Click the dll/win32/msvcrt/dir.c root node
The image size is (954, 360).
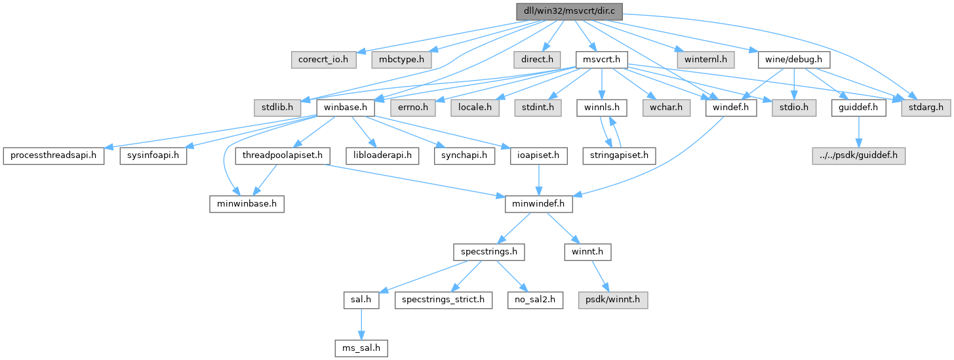[x=568, y=11]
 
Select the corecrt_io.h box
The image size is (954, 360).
[x=323, y=60]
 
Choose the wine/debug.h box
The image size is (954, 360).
[x=794, y=60]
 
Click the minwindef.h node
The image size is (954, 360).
[x=538, y=204]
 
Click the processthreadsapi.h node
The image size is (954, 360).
[x=54, y=155]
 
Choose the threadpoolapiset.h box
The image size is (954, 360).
[x=281, y=155]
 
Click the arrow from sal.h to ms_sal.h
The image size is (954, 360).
[x=357, y=323]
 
